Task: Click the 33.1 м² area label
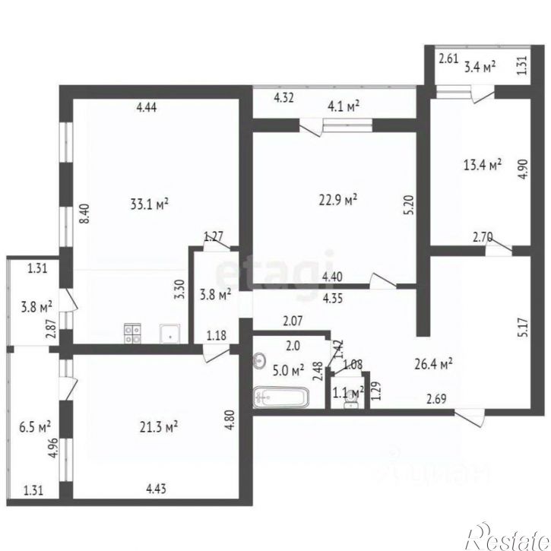pos(149,204)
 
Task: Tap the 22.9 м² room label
pos(340,200)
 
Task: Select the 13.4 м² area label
pos(483,164)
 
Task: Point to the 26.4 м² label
pos(435,363)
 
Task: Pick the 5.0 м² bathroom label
pos(288,369)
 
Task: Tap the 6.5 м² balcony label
pos(36,426)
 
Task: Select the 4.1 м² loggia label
pos(341,106)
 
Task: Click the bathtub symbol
pos(280,397)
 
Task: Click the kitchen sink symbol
pos(169,331)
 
